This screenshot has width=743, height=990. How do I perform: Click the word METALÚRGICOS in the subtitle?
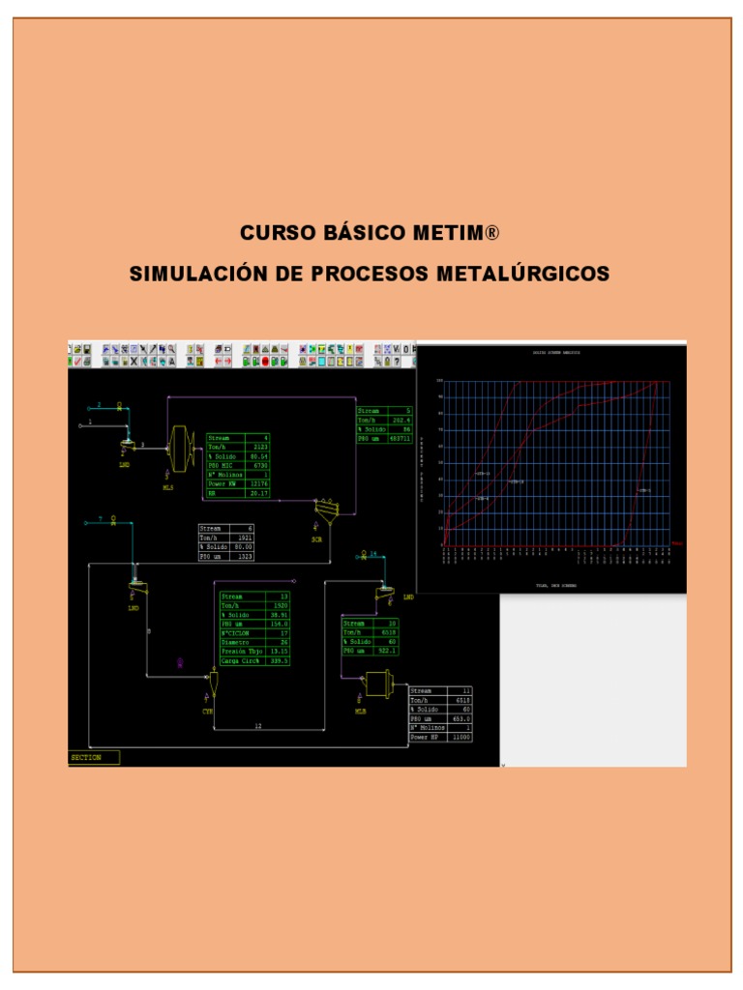tap(523, 275)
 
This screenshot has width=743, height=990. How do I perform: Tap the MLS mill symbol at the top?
tap(179, 449)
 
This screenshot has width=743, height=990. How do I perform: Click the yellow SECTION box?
tap(94, 757)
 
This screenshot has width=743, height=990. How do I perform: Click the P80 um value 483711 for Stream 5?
tap(399, 438)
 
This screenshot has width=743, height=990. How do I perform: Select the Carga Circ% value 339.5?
tap(279, 660)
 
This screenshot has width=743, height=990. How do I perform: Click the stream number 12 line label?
tap(258, 725)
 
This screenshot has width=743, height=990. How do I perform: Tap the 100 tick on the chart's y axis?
tap(439, 381)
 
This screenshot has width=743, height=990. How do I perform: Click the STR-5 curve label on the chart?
tap(643, 491)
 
